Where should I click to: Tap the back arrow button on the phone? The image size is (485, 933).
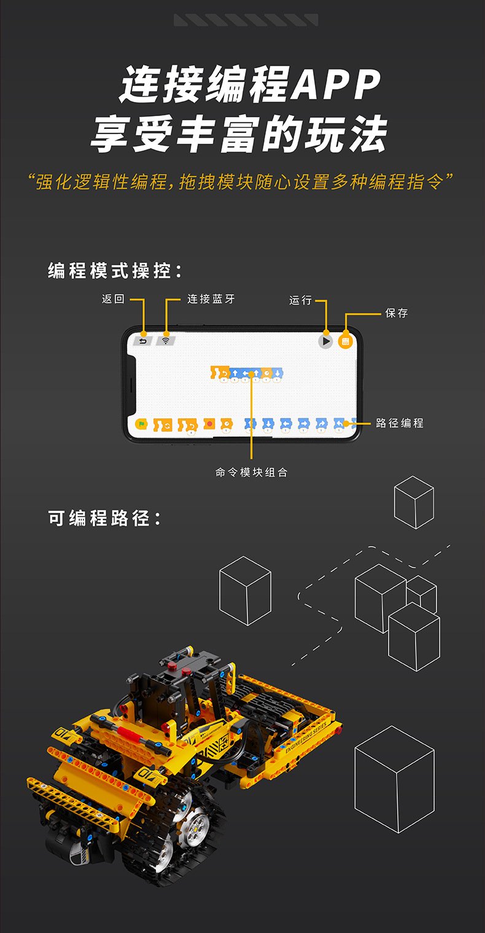(x=143, y=341)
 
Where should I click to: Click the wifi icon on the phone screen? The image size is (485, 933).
(x=165, y=341)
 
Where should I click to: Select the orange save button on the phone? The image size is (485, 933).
(x=345, y=341)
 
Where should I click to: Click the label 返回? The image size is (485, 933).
(x=113, y=299)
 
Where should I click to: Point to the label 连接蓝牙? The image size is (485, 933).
(x=211, y=299)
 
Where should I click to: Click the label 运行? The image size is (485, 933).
(x=300, y=300)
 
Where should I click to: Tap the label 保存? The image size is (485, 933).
(x=396, y=313)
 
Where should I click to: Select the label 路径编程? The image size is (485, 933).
(x=400, y=423)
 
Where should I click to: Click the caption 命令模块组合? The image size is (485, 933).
(x=251, y=472)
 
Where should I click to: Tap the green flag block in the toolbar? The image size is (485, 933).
(x=141, y=424)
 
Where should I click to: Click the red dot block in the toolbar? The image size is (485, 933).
(x=209, y=424)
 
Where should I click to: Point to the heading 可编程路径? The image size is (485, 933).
(x=105, y=518)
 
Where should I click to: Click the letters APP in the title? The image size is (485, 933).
(x=335, y=86)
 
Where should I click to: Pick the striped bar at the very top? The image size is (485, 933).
(x=246, y=20)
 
